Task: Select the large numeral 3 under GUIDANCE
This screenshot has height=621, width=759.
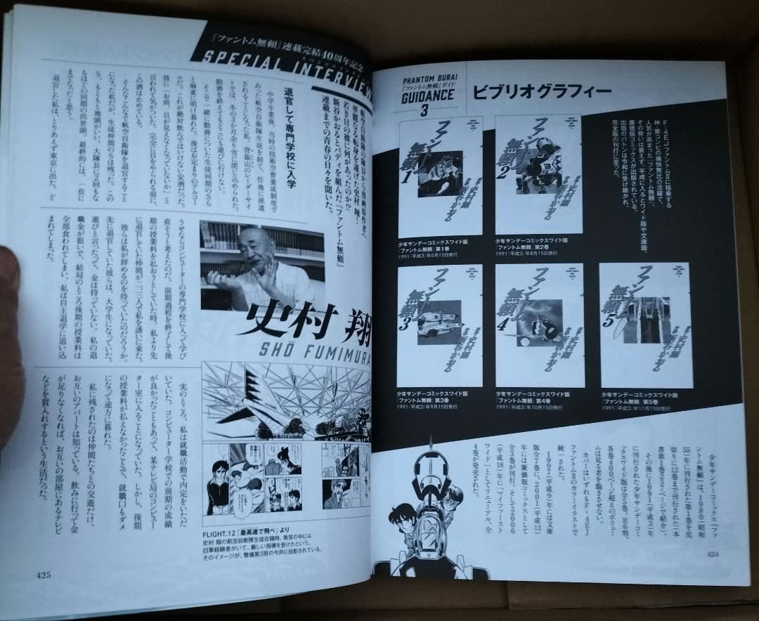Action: (424, 112)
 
